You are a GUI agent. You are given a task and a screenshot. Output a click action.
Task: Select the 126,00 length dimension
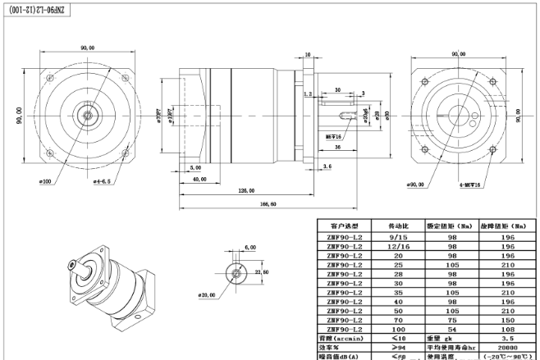tap(246, 190)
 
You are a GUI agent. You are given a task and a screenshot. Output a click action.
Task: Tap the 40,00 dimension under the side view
tap(199, 177)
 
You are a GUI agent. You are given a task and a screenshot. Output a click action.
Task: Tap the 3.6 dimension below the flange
tap(327, 166)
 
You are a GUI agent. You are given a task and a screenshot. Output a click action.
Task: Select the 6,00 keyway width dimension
tap(249, 247)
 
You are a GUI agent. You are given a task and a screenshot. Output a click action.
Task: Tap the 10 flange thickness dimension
tap(308, 56)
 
